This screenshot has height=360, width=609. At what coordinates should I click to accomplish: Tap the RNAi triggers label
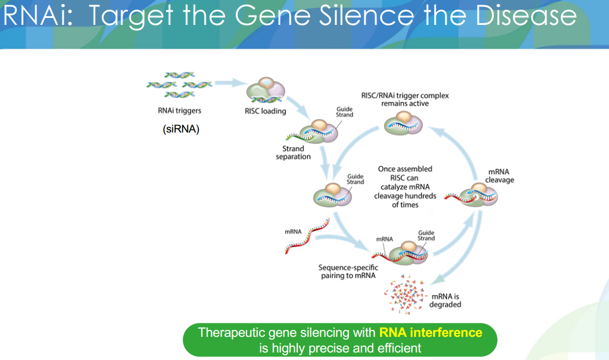click(180, 110)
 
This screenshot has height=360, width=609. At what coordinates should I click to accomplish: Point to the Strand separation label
click(293, 153)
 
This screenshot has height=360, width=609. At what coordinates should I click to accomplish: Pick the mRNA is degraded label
click(445, 300)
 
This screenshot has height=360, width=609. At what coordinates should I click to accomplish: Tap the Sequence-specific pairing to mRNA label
click(348, 271)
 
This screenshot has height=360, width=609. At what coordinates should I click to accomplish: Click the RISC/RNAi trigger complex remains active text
click(405, 100)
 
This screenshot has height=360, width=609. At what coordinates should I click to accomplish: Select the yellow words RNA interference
click(430, 333)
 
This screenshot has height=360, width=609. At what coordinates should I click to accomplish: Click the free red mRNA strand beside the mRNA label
click(307, 238)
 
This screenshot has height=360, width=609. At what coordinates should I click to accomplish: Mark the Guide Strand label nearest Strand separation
click(345, 112)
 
